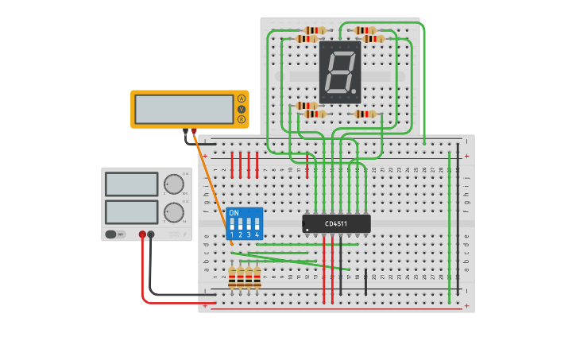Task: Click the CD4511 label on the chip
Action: (336, 224)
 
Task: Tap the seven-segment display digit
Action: (340, 72)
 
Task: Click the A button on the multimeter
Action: (242, 99)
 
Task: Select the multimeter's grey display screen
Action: (184, 109)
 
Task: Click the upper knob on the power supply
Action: (173, 184)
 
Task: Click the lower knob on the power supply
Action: (173, 212)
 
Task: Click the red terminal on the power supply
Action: (143, 234)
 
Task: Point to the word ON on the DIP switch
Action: (234, 213)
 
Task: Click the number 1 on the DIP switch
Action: (232, 234)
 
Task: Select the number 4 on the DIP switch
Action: (257, 234)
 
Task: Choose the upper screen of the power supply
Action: (132, 184)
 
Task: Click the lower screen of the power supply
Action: (132, 212)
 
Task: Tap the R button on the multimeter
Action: (242, 119)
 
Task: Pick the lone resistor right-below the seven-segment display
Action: (365, 114)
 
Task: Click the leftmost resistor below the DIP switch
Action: (232, 277)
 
